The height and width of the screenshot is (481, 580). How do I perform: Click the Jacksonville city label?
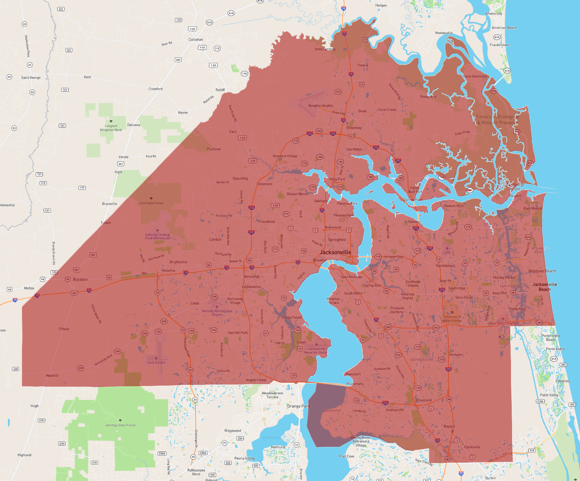pos(335,252)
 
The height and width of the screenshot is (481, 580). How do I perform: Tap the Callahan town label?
pos(196,40)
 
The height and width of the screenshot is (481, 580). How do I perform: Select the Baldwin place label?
pos(80,280)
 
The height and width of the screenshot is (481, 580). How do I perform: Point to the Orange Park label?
pos(298,406)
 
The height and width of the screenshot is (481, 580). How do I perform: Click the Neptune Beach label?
pos(542,271)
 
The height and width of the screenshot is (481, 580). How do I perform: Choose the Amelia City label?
pos(493,14)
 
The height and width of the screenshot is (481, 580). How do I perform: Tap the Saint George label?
pos(31,78)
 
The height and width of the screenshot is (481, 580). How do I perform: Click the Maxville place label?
pos(52,376)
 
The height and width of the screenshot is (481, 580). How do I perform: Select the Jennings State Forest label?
pos(120,425)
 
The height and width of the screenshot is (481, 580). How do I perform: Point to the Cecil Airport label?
pos(156,362)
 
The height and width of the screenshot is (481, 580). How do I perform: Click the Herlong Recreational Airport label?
pos(217,313)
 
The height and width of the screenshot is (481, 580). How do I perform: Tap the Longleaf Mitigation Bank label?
pos(111,128)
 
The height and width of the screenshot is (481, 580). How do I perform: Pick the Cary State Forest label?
pos(151,203)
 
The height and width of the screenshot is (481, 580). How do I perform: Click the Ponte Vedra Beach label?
pos(551,338)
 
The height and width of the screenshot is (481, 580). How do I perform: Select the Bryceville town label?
pos(109,204)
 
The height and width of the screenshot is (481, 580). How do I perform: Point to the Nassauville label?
pos(444,33)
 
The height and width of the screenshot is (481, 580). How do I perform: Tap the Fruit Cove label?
pos(347,456)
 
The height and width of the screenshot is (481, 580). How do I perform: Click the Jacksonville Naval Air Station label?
pos(316,351)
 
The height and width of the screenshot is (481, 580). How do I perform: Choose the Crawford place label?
pos(156,89)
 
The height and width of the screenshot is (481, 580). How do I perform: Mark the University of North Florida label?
pos(452,318)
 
